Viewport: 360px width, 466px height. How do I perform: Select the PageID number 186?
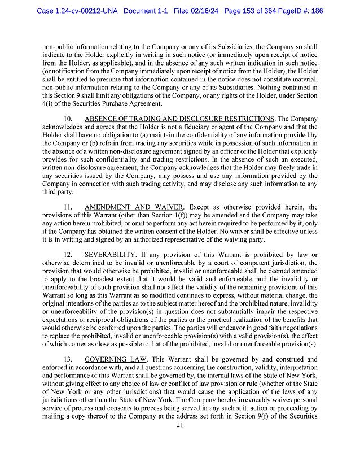point(315,11)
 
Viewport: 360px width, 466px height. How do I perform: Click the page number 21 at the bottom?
point(180,441)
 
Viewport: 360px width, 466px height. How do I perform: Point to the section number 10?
point(68,119)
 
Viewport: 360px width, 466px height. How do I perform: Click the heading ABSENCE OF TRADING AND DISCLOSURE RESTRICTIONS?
point(179,119)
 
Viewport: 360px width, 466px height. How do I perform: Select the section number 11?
point(68,207)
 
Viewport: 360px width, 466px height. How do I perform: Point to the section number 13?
point(68,359)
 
